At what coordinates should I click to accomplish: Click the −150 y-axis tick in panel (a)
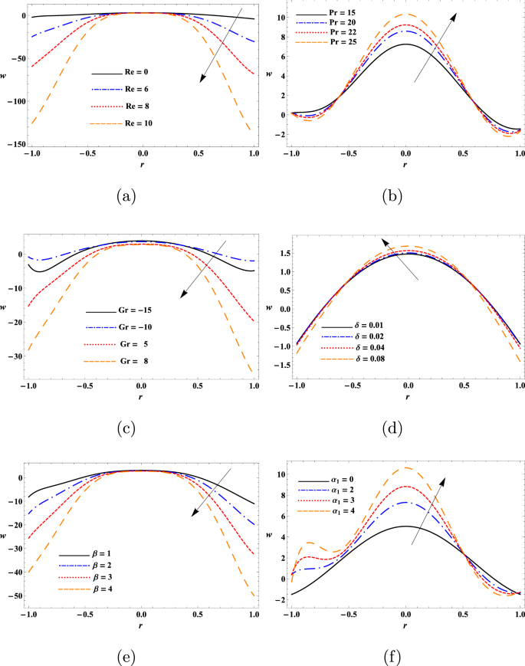coord(15,144)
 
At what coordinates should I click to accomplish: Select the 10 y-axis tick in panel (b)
coord(283,18)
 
